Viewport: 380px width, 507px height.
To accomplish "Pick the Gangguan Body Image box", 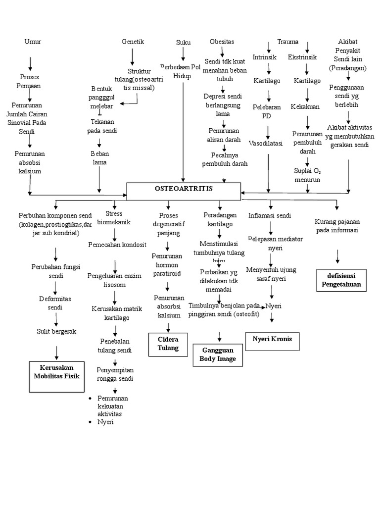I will pos(218,355).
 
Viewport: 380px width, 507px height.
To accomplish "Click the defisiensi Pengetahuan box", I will pos(341,279).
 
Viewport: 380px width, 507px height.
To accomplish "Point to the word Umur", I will pos(33,42).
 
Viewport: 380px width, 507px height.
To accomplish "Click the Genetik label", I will pos(133,42).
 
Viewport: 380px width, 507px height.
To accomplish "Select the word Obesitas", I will pos(222,41).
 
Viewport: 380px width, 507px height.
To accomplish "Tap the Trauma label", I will pos(287,41).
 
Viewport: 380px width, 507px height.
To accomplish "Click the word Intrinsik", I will pos(264,57).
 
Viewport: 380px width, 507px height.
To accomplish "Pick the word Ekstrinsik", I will pos(302,57).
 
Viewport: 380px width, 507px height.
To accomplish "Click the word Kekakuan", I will pos(305,106).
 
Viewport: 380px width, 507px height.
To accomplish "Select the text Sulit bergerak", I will pos(56,331).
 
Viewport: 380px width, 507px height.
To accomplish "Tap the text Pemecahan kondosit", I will pos(117,245).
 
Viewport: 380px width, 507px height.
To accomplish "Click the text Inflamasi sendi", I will pos(269,215).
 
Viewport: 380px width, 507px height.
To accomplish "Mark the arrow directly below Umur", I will pos(31,63).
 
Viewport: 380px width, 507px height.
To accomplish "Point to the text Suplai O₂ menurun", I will pos(307,175).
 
